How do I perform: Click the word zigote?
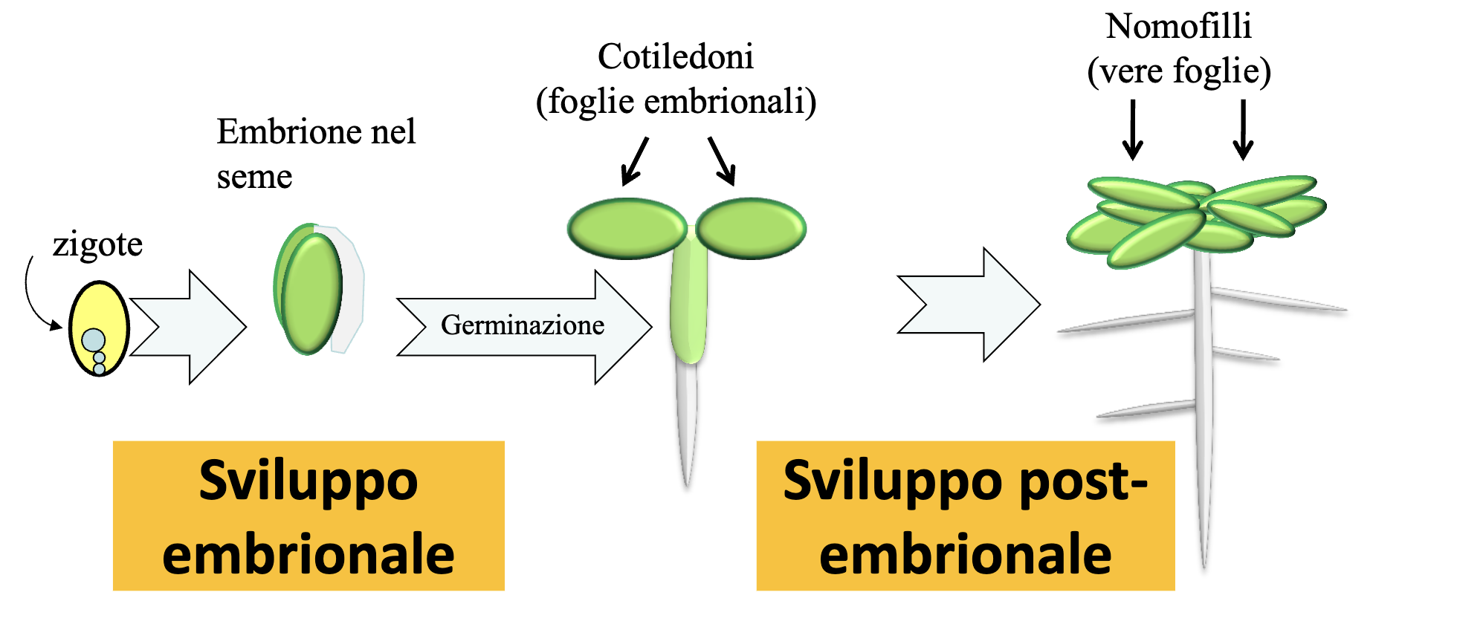click(97, 245)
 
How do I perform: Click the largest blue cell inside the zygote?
click(94, 340)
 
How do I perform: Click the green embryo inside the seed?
click(312, 293)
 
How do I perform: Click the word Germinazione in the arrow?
click(523, 325)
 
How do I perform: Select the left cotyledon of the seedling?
click(627, 228)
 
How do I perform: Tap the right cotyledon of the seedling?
click(751, 228)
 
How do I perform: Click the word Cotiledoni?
click(676, 57)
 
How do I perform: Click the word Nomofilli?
click(1179, 27)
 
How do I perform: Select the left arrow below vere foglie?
click(1133, 130)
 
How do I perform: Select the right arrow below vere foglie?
click(1243, 130)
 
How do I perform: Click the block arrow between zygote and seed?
click(190, 327)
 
